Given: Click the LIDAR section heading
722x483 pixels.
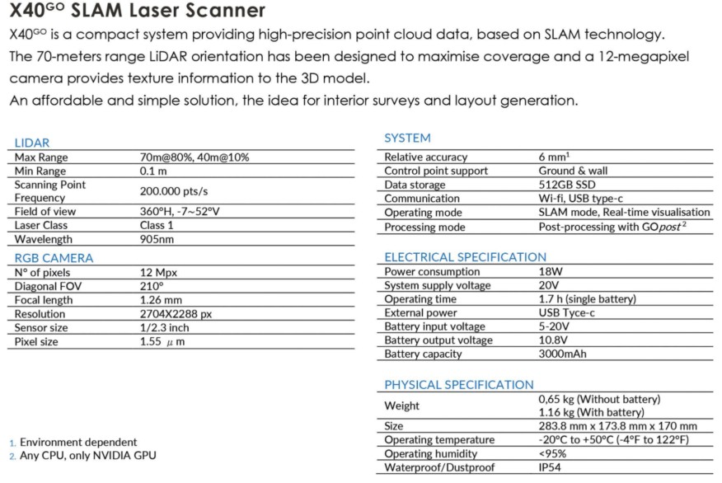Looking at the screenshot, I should click(31, 143).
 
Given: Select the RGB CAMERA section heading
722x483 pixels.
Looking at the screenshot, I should click(54, 258).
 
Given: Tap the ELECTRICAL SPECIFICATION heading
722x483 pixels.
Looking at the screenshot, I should click(465, 257).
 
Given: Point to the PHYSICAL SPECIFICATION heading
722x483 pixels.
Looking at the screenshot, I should click(459, 385).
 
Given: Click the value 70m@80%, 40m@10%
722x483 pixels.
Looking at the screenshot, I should click(195, 157).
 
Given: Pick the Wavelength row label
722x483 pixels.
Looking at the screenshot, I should click(43, 239).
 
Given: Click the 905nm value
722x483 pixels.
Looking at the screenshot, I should click(157, 239).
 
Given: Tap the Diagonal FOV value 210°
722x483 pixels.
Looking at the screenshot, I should click(152, 286).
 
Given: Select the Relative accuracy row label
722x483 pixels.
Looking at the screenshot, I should click(425, 157).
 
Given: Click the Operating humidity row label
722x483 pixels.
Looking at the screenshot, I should click(430, 453).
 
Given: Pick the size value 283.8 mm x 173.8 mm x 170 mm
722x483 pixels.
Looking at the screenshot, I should click(617, 426).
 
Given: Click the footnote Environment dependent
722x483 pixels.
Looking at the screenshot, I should click(78, 442).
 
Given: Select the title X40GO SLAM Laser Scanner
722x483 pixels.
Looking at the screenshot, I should click(137, 12).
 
